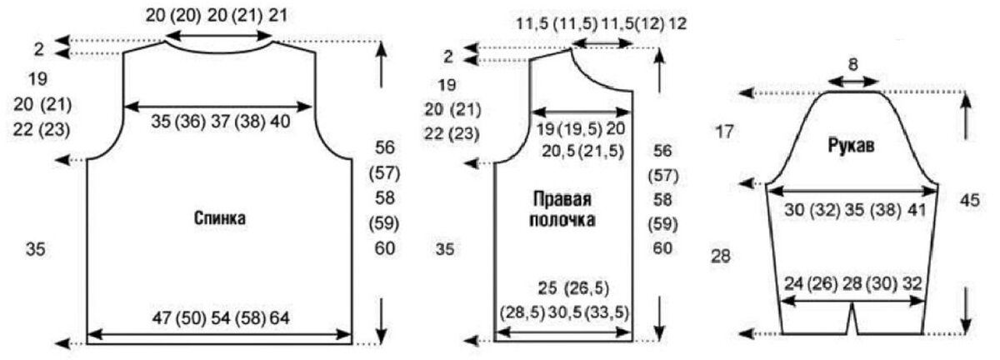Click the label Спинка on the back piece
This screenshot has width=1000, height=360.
[219, 219]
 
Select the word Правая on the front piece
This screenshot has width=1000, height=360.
[562, 201]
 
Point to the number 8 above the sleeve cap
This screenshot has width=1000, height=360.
[852, 63]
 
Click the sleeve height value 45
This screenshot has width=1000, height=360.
[968, 201]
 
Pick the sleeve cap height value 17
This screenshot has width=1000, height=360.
[725, 132]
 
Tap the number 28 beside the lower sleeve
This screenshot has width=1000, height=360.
[720, 256]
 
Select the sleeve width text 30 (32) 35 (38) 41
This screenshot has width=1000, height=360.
[855, 210]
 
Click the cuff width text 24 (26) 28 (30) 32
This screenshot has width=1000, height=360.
[853, 283]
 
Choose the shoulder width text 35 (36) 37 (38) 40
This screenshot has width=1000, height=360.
[221, 121]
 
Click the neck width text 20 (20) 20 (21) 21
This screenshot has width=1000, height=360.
[220, 16]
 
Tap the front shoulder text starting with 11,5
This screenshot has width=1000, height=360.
[600, 22]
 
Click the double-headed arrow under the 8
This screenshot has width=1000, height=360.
[852, 82]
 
